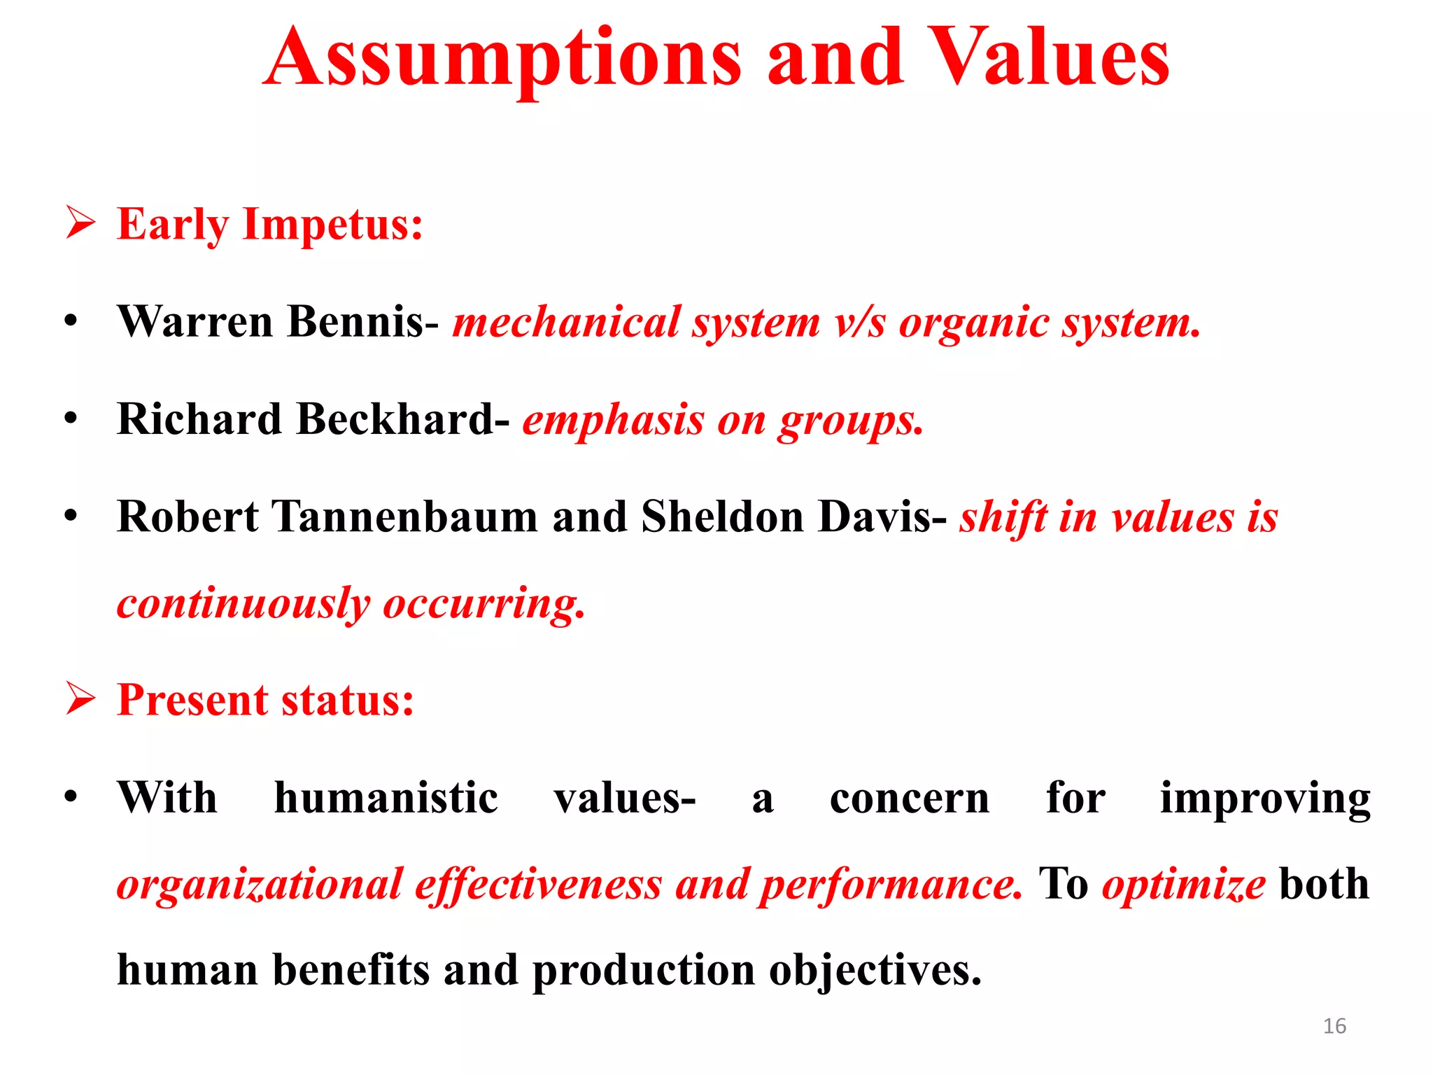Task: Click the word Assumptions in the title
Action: click(x=502, y=59)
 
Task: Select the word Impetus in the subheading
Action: click(x=332, y=225)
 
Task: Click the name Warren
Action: click(x=195, y=322)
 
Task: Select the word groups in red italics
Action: click(x=851, y=421)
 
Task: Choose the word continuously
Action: click(x=243, y=603)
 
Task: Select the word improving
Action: click(x=1265, y=799)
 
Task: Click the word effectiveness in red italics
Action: click(x=538, y=885)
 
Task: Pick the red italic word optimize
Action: click(x=1183, y=885)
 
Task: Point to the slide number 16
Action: click(x=1334, y=1026)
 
